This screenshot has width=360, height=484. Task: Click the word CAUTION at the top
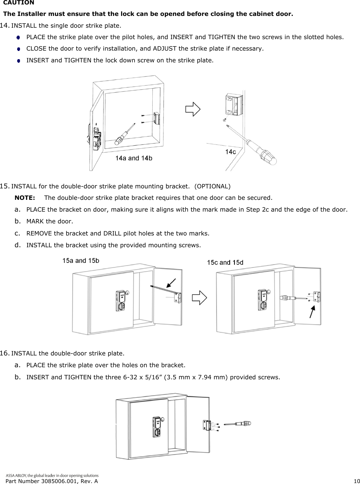click(x=18, y=3)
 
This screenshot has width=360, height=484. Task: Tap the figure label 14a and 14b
click(x=134, y=158)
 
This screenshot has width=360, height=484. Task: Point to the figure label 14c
click(x=231, y=152)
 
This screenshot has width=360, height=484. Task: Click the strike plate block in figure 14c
click(x=234, y=105)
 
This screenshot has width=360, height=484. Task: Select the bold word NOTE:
click(x=25, y=198)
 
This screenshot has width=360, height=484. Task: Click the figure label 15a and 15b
click(x=81, y=261)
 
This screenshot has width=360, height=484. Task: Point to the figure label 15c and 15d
click(x=225, y=263)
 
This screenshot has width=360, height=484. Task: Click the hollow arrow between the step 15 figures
click(x=199, y=298)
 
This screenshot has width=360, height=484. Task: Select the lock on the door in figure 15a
click(x=121, y=300)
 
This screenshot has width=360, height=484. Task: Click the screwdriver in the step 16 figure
click(x=238, y=424)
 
